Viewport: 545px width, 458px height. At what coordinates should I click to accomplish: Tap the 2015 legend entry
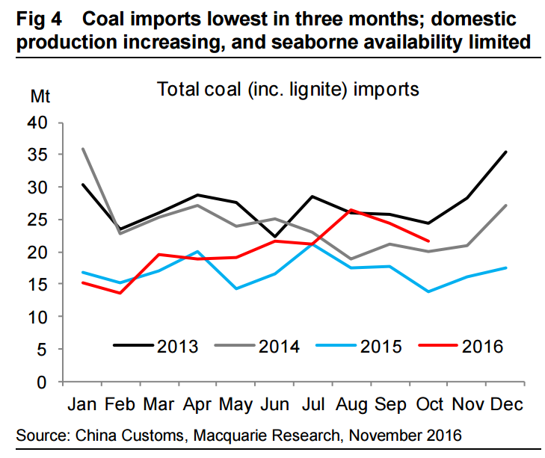[358, 346]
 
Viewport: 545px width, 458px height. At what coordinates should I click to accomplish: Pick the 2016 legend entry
[461, 346]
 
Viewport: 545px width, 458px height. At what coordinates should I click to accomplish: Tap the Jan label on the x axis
[82, 404]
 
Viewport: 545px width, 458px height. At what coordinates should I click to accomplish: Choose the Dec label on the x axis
[506, 404]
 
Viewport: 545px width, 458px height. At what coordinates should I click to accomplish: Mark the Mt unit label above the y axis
[41, 96]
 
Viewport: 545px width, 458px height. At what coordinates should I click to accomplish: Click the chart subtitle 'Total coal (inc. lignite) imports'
[288, 89]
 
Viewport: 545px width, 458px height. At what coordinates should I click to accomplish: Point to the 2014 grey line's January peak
[82, 148]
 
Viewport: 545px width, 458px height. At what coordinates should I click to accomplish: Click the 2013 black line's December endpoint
[506, 152]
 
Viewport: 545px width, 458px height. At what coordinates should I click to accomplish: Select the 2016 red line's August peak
[351, 210]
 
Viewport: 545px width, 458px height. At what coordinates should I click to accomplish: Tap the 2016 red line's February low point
[120, 293]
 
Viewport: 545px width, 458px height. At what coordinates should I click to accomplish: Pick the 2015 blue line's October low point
[427, 291]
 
